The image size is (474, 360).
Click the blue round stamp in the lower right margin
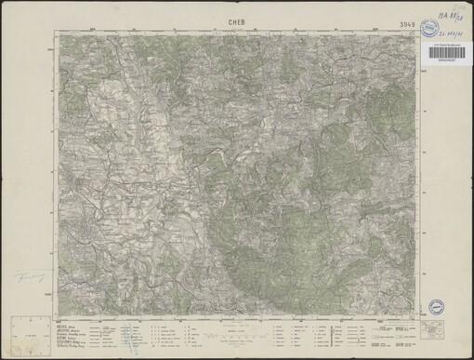(436, 306)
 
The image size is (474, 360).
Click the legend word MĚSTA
(61, 326)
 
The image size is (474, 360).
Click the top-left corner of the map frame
(58, 35)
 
